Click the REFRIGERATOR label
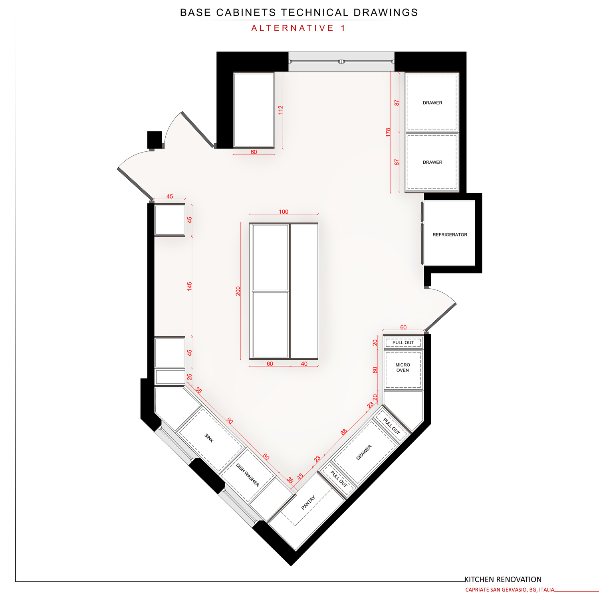pyautogui.click(x=450, y=235)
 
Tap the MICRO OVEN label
pyautogui.click(x=403, y=367)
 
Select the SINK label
pyautogui.click(x=209, y=438)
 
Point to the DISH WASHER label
pyautogui.click(x=248, y=475)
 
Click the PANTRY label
pyautogui.click(x=308, y=502)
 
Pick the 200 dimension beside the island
pyautogui.click(x=238, y=291)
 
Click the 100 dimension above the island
pyautogui.click(x=284, y=212)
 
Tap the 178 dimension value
pyautogui.click(x=388, y=133)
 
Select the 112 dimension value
pyautogui.click(x=280, y=110)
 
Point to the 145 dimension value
pyautogui.click(x=189, y=286)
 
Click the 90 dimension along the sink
pyautogui.click(x=230, y=420)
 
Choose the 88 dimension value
pyautogui.click(x=343, y=432)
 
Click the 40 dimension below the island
pyautogui.click(x=304, y=364)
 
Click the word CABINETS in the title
pyautogui.click(x=246, y=12)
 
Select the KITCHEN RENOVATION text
pyautogui.click(x=503, y=579)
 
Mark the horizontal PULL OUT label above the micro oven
pyautogui.click(x=403, y=343)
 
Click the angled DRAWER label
pyautogui.click(x=364, y=452)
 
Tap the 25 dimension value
pyautogui.click(x=190, y=377)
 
